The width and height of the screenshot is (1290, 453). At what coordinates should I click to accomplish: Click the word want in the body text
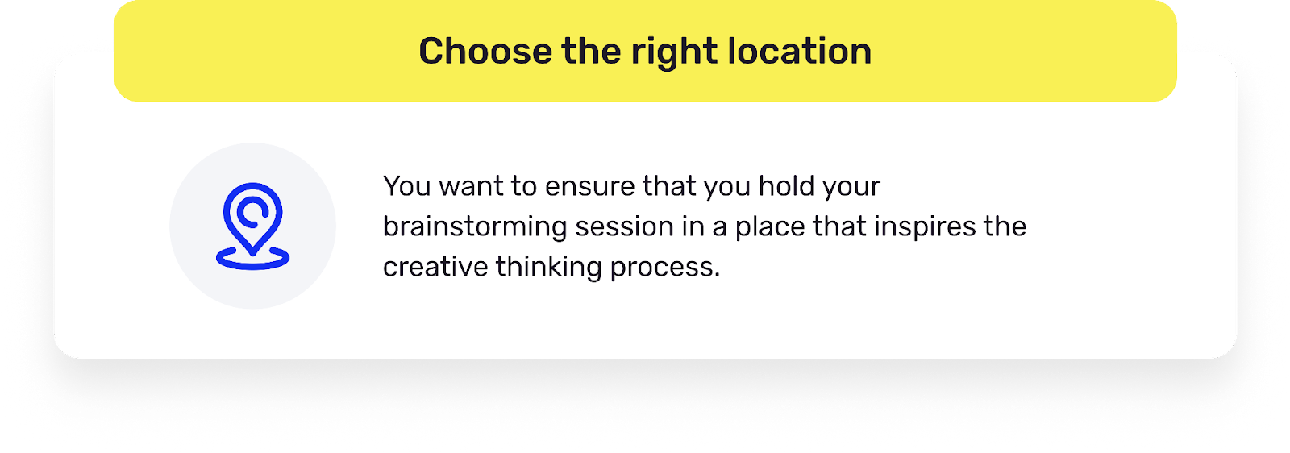pyautogui.click(x=471, y=186)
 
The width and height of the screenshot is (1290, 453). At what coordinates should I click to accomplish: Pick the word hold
pyautogui.click(x=785, y=186)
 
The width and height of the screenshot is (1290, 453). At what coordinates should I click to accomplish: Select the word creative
pyautogui.click(x=435, y=267)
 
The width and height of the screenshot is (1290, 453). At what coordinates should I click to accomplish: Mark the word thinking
pyautogui.click(x=549, y=267)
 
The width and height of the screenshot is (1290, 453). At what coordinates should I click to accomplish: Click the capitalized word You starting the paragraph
pyautogui.click(x=407, y=186)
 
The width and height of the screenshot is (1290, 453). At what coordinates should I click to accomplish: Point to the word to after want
pyautogui.click(x=523, y=186)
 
